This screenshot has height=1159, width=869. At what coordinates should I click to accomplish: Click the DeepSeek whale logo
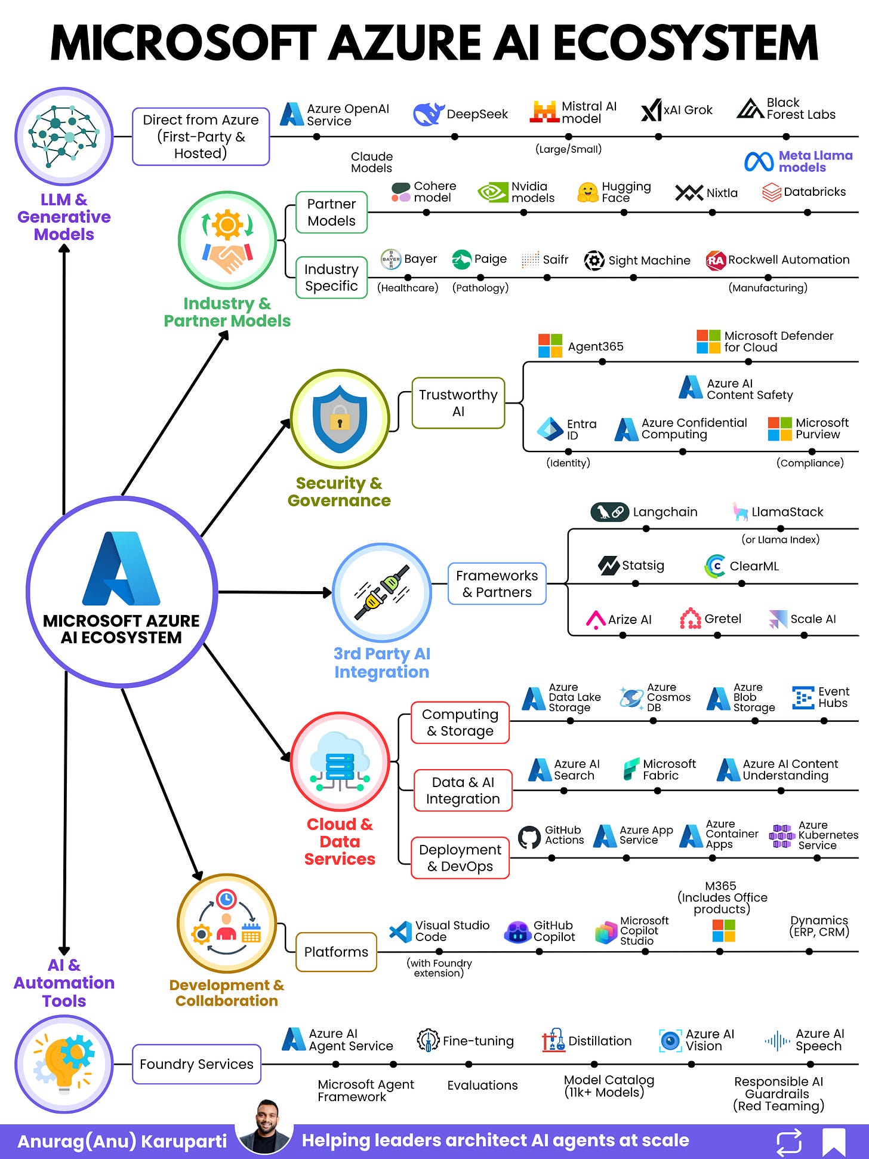(x=428, y=113)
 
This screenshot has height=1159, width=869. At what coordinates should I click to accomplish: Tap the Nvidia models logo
(x=492, y=192)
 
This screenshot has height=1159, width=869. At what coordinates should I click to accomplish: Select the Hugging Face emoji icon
(x=588, y=192)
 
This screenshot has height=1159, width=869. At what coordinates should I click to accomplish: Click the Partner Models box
(x=331, y=212)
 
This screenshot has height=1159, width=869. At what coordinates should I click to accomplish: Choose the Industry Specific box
(x=331, y=278)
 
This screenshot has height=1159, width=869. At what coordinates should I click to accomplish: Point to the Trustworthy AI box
(x=458, y=403)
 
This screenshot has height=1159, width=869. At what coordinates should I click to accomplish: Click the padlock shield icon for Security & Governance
(x=340, y=419)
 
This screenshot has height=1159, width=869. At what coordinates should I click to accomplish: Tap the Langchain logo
(x=609, y=512)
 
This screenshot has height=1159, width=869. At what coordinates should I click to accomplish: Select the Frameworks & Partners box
(x=497, y=583)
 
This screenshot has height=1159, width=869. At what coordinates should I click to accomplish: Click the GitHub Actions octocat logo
(x=529, y=837)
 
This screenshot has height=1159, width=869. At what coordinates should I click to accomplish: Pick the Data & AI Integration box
(x=463, y=790)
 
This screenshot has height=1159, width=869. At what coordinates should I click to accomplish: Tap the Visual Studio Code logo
(x=400, y=931)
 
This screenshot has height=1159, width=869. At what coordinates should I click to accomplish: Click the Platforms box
(x=336, y=952)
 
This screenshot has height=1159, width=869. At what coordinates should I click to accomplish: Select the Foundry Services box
(x=196, y=1064)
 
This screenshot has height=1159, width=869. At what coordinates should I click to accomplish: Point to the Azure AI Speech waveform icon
(x=777, y=1041)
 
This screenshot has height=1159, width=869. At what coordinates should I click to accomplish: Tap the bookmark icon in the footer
(x=833, y=1142)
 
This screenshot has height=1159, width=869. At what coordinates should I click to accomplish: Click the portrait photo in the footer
(x=265, y=1126)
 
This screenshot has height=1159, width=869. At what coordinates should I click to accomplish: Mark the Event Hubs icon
(x=803, y=697)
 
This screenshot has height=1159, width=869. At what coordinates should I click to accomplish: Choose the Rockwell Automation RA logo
(x=715, y=260)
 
